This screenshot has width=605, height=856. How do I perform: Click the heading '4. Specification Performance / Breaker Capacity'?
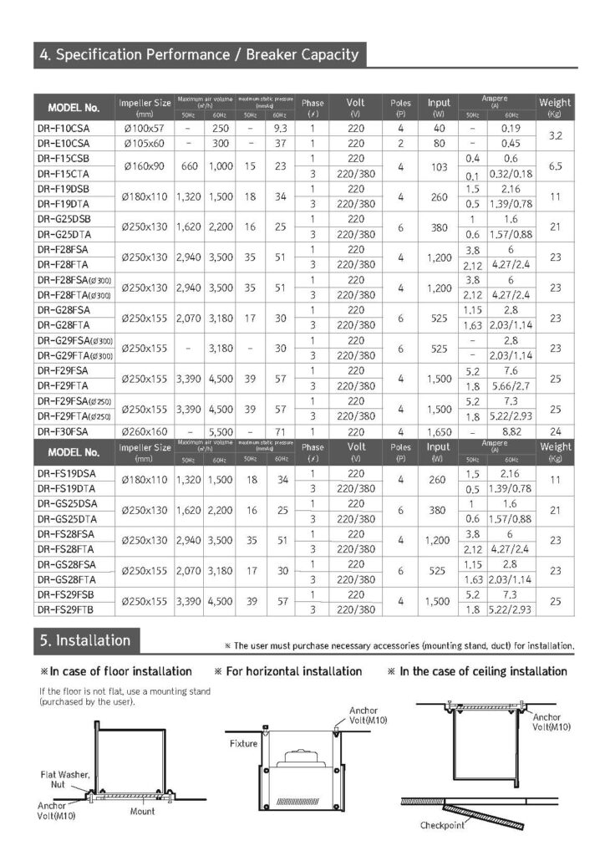tap(199, 56)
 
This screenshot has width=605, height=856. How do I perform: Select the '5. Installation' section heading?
tap(84, 641)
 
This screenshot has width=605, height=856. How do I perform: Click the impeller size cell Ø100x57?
tap(145, 129)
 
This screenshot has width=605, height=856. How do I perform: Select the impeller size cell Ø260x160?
tap(145, 432)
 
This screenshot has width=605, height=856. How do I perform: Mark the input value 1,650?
tap(439, 432)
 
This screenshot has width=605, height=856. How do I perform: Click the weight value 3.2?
tap(555, 135)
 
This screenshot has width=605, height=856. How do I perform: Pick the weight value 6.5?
tap(555, 166)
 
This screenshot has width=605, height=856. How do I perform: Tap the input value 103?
tap(439, 166)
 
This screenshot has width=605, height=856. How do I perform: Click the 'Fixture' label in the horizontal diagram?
tap(241, 742)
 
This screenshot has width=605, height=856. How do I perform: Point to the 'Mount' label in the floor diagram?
tap(142, 811)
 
